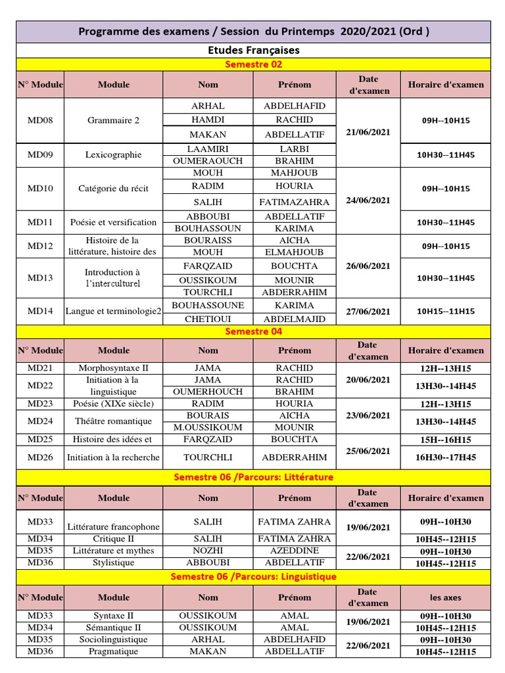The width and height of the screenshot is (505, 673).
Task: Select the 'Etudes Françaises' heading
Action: point(253,50)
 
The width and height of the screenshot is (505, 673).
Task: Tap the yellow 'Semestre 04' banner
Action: point(253,331)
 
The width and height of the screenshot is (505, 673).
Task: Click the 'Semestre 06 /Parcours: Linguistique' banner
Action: point(253,576)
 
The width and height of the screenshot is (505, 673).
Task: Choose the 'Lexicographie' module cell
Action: point(113,155)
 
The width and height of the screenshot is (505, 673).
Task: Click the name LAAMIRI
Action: point(208,149)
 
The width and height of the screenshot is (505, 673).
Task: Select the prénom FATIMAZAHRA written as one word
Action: point(295,202)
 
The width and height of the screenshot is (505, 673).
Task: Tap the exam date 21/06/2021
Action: point(368,132)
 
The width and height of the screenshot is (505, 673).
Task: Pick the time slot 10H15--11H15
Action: point(446,312)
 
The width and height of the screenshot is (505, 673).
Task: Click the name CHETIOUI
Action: point(208,319)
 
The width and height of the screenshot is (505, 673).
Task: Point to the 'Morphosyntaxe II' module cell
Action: point(113,368)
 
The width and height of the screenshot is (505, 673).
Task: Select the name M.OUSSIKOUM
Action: point(208,427)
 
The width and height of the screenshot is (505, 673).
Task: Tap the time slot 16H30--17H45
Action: point(446,457)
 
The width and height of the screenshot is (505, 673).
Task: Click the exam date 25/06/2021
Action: point(368,452)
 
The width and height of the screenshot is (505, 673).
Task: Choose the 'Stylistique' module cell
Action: point(113,563)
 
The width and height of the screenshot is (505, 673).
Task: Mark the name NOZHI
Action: point(208,551)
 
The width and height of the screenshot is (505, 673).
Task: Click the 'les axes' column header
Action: point(446,597)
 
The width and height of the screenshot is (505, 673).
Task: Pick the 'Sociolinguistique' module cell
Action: point(113,639)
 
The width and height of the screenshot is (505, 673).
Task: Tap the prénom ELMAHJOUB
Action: point(295,252)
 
